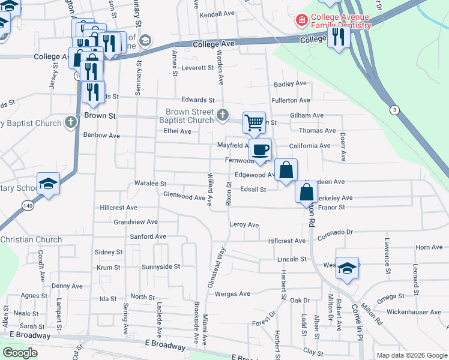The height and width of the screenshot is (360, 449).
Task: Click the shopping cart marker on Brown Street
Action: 255,122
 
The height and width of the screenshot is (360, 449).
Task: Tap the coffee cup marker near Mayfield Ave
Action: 260,149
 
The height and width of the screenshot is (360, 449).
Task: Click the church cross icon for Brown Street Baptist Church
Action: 223,114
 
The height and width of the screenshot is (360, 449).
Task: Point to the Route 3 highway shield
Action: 394,110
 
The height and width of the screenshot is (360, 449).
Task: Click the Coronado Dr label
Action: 339,232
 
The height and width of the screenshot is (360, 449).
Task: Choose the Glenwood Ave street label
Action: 184,196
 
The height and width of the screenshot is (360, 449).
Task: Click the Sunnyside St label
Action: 161,266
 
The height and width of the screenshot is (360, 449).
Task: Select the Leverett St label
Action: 197,68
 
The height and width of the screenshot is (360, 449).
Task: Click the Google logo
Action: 20,352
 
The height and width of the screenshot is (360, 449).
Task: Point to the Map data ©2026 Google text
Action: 411,355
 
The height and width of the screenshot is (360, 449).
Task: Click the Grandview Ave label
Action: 136,221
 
